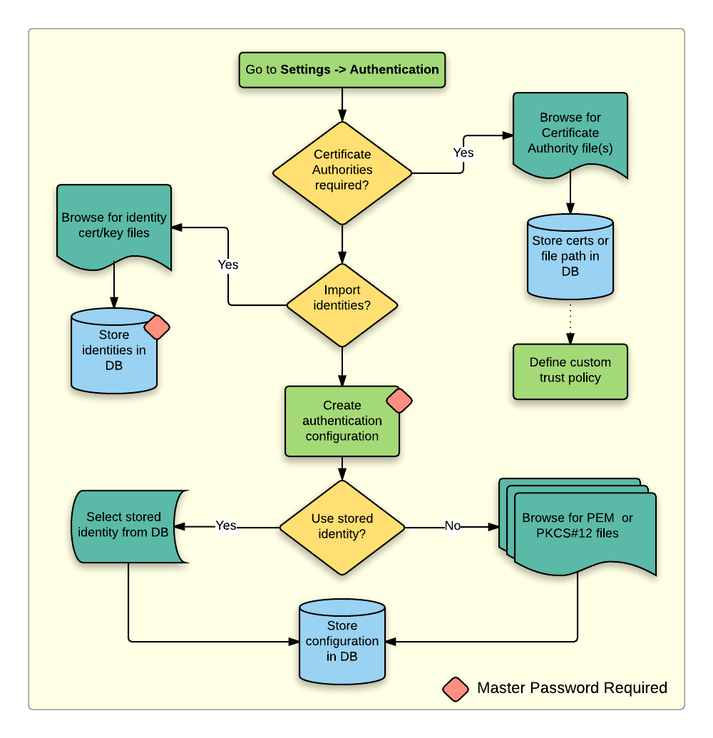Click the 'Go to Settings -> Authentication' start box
342,70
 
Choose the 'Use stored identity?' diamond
342,527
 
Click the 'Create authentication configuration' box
342,421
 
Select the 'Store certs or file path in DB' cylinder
570,256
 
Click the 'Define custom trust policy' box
570,371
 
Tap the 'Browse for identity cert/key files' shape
114,225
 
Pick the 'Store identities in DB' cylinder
114,351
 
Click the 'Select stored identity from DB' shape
128,526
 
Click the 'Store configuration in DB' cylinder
342,641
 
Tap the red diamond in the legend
456,688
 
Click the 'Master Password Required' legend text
572,688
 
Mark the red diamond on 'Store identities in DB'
157,327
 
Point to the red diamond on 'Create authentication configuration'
399,400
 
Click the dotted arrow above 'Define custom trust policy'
570,321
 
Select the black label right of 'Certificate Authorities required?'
463,154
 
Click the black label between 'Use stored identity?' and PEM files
453,527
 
